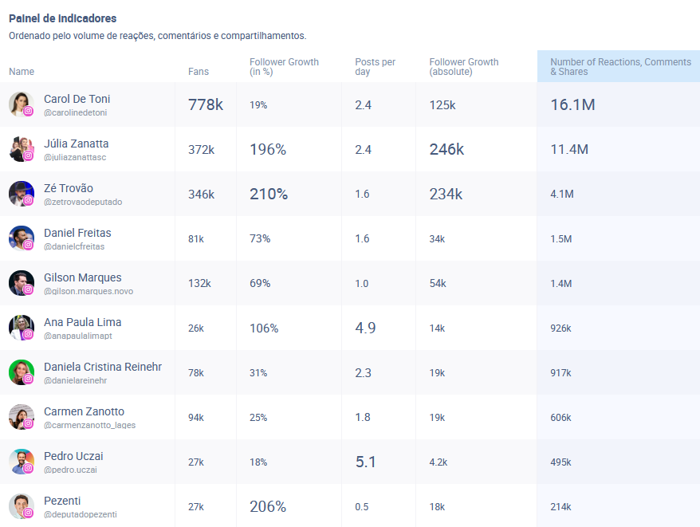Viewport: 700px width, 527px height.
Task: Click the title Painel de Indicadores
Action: tap(62, 18)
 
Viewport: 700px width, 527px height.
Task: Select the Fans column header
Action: tap(199, 72)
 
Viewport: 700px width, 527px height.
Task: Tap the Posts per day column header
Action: tap(375, 67)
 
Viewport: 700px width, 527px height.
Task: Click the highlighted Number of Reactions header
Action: tap(620, 67)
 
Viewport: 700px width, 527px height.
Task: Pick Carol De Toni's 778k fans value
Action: tap(206, 104)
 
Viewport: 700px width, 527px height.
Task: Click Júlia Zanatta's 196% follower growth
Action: tap(268, 149)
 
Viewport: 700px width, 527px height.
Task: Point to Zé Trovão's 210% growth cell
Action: tap(269, 194)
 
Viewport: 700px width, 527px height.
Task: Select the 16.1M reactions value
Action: tap(572, 104)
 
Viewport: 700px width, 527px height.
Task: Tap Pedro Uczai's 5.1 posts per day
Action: tap(366, 462)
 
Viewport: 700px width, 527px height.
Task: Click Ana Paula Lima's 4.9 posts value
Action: tap(365, 328)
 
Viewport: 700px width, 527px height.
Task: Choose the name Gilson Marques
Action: tap(83, 277)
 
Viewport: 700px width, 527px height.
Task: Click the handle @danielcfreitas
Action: tap(74, 246)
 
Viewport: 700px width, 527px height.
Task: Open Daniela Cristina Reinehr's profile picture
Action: tap(22, 372)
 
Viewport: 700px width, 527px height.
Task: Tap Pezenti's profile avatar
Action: tap(22, 506)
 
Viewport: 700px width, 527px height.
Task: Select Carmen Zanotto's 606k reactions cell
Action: tap(560, 417)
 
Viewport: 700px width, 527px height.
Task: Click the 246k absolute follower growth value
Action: tap(446, 149)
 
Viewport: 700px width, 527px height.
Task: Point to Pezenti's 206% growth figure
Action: tap(268, 506)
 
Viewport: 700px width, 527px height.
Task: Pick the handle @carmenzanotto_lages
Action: tap(89, 425)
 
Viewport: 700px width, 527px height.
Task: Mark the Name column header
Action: tap(22, 72)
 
